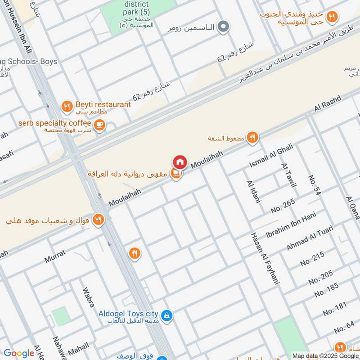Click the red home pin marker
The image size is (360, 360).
click(x=180, y=162)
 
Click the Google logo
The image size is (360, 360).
click(x=19, y=353)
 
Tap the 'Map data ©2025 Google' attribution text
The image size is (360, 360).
click(x=325, y=355)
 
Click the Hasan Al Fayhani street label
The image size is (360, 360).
click(x=265, y=258)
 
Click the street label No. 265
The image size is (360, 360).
click(x=283, y=205)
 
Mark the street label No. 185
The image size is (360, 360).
click(x=327, y=290)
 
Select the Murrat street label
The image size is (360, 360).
click(x=55, y=256)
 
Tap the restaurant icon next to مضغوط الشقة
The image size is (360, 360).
click(x=252, y=138)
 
